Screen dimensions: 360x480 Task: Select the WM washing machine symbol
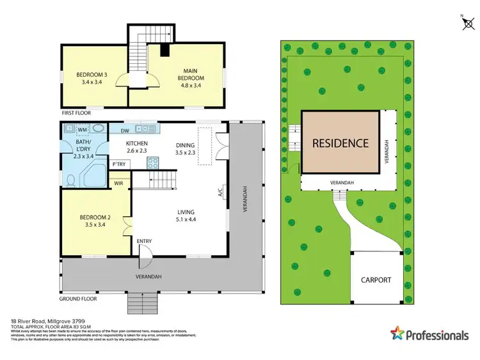click(x=83, y=130)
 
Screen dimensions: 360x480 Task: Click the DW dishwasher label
click(x=125, y=130)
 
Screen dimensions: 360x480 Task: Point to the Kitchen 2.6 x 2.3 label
click(x=137, y=147)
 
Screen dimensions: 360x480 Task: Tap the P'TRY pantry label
click(x=118, y=165)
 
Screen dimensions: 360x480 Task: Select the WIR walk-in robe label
click(x=118, y=183)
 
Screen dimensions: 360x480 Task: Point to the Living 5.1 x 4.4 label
click(x=186, y=216)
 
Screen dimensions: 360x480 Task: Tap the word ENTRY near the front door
click(x=145, y=241)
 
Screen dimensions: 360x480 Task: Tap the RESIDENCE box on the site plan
click(x=340, y=143)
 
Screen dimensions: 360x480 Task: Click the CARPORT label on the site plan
click(x=375, y=280)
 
